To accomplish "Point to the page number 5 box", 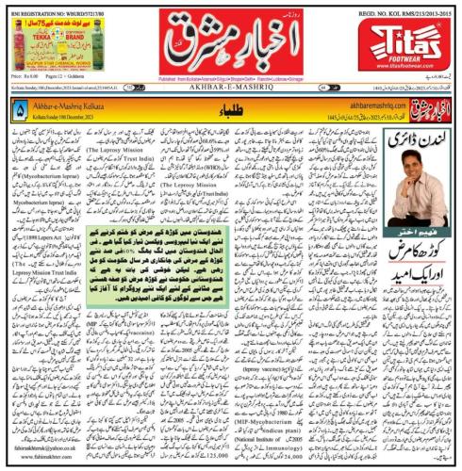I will (x=20, y=111).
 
